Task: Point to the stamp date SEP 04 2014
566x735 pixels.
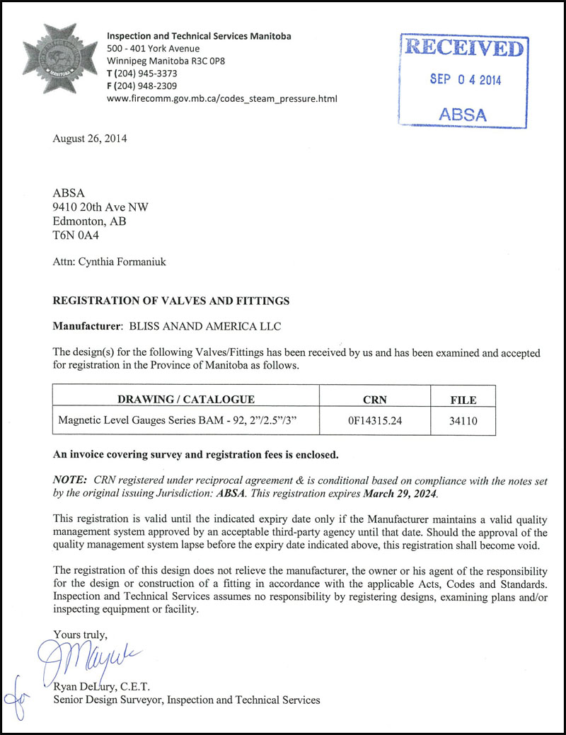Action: tap(465, 79)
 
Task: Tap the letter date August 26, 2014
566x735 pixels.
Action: tap(90, 139)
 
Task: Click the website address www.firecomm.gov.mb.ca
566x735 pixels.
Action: tap(221, 99)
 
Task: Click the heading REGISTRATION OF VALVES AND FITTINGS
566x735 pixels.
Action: tap(171, 301)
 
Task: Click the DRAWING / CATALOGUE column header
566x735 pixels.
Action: tap(186, 399)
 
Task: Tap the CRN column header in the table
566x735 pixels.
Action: tap(375, 399)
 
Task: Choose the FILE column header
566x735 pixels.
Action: tap(463, 400)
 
